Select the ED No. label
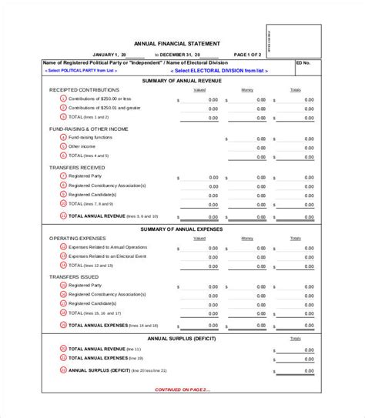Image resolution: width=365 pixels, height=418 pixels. (x=305, y=63)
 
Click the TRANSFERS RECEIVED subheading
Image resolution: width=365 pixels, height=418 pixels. (x=78, y=166)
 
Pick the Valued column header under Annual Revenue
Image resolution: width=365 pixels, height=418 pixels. (x=199, y=90)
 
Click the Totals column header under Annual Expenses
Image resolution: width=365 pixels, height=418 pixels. (x=294, y=239)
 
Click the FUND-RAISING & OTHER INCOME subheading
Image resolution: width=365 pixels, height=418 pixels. (x=88, y=128)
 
